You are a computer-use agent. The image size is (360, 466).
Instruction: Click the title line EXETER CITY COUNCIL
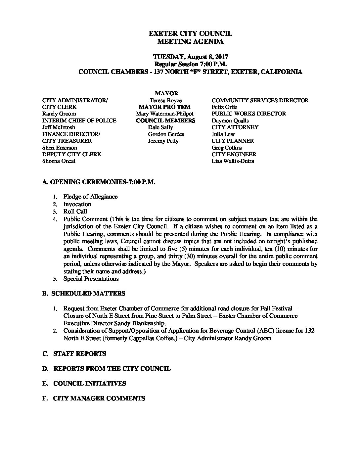pyautogui.click(x=190, y=33)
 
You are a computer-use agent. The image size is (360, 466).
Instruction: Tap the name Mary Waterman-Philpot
pyautogui.click(x=165, y=114)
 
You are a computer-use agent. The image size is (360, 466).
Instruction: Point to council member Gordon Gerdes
pyautogui.click(x=166, y=134)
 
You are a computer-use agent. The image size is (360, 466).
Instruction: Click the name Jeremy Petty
pyautogui.click(x=163, y=141)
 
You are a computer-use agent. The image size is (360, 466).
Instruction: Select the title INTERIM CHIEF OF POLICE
pyautogui.click(x=79, y=120)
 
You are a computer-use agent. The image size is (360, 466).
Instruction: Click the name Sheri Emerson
pyautogui.click(x=60, y=148)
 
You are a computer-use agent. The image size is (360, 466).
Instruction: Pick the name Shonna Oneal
pyautogui.click(x=59, y=161)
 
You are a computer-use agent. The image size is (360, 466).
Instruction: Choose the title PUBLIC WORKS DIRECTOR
pyautogui.click(x=249, y=114)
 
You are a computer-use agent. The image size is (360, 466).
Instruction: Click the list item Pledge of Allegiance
pyautogui.click(x=90, y=197)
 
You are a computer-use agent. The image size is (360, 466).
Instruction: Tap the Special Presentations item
pyautogui.click(x=91, y=279)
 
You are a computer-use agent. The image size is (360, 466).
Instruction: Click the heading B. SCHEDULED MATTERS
pyautogui.click(x=84, y=294)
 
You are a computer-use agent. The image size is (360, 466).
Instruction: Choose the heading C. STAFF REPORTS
pyautogui.click(x=74, y=354)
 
